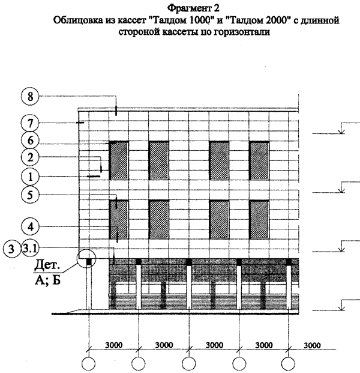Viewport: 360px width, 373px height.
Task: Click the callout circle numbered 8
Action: (x=30, y=96)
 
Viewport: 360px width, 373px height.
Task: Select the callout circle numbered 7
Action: (x=30, y=124)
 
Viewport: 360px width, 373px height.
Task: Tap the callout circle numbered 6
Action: (x=30, y=141)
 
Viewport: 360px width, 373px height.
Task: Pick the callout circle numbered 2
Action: (x=30, y=157)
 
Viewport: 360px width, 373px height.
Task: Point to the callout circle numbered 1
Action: (x=30, y=177)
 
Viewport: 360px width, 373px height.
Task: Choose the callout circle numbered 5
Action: (x=30, y=195)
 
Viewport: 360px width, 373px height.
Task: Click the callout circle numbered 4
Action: (x=30, y=227)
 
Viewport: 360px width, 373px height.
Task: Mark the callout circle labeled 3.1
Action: (x=30, y=249)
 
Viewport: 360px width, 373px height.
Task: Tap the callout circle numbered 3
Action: (x=11, y=249)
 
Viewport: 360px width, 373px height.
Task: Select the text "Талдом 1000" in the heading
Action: (x=181, y=20)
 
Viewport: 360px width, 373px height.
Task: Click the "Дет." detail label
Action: (x=47, y=265)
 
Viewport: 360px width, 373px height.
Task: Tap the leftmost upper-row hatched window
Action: (x=119, y=160)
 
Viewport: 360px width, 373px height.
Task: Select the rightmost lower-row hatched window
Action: (x=259, y=219)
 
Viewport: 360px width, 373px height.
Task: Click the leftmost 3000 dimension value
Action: (x=114, y=345)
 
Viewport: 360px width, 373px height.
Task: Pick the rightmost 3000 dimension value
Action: (x=312, y=345)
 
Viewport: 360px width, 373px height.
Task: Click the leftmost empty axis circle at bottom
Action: (x=88, y=364)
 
